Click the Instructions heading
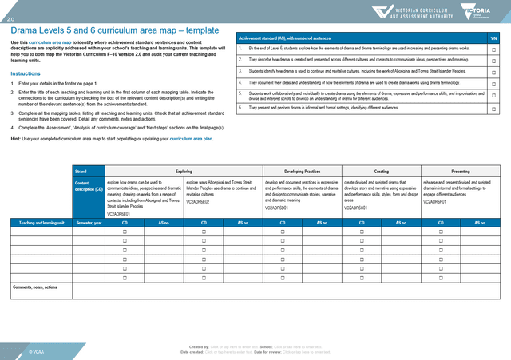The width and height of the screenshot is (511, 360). (25, 73)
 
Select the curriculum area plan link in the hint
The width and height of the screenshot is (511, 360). (191, 138)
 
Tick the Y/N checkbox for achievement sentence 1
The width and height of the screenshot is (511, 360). (493, 49)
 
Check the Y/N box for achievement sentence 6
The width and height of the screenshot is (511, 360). (493, 108)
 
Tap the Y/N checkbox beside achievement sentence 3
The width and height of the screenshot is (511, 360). (493, 72)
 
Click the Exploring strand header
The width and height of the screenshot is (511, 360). (184, 171)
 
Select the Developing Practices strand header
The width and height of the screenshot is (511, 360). (302, 171)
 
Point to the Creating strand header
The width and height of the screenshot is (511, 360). (381, 171)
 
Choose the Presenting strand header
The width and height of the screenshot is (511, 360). (460, 171)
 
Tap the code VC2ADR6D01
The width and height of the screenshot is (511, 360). (279, 208)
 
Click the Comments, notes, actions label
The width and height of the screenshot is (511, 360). (34, 287)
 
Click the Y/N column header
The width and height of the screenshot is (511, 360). (493, 38)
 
